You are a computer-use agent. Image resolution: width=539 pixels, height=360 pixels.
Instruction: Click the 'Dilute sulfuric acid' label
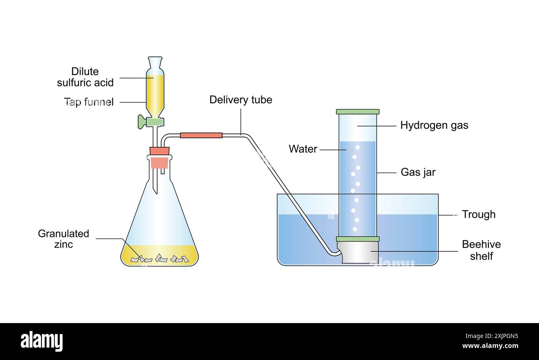tap(85, 77)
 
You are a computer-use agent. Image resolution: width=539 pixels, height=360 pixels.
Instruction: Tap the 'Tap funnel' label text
tap(89, 102)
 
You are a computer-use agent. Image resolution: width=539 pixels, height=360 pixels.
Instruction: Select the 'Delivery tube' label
tap(240, 100)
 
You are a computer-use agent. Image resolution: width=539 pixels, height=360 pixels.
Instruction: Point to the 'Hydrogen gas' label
tap(434, 125)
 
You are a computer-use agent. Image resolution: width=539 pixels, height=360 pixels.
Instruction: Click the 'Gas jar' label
tap(418, 172)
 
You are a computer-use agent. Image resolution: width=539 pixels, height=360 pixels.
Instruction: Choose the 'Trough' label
tap(478, 214)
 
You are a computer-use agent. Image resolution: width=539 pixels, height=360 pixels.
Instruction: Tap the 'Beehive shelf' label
tap(481, 250)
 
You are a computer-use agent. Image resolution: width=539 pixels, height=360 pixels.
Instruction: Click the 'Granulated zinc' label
tap(63, 239)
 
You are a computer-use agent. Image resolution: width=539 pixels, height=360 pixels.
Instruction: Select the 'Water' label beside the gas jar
tap(303, 149)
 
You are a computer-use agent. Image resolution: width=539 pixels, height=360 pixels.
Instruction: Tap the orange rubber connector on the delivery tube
tap(201, 135)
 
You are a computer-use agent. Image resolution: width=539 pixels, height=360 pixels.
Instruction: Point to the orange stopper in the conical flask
tap(159, 158)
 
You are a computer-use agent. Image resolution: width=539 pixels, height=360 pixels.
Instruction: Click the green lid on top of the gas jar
tap(357, 112)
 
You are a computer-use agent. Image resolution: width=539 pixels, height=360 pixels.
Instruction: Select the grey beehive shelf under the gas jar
tap(357, 252)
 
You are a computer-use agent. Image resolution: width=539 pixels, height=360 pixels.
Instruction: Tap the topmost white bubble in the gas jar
tap(357, 147)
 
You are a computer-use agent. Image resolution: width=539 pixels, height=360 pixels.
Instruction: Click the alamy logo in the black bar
tap(42, 341)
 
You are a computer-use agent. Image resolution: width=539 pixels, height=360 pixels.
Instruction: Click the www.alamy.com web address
tap(490, 346)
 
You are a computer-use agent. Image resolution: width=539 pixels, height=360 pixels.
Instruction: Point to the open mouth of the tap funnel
tap(155, 58)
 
